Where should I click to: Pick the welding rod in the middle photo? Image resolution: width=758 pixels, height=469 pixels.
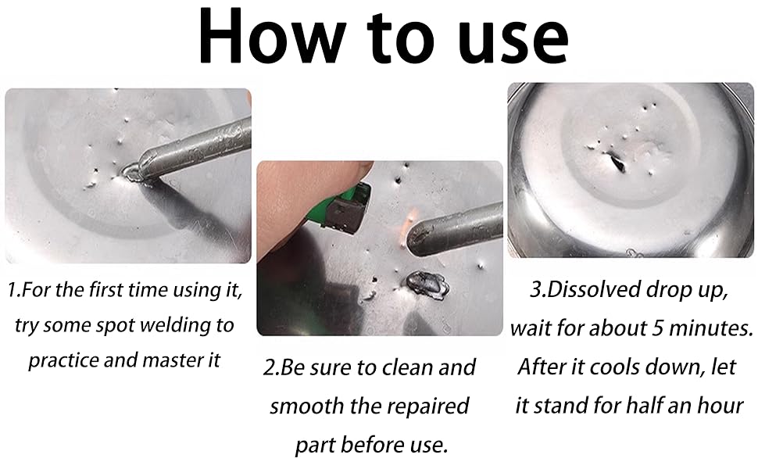[455, 229]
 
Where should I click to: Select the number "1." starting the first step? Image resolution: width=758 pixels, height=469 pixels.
[15, 290]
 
